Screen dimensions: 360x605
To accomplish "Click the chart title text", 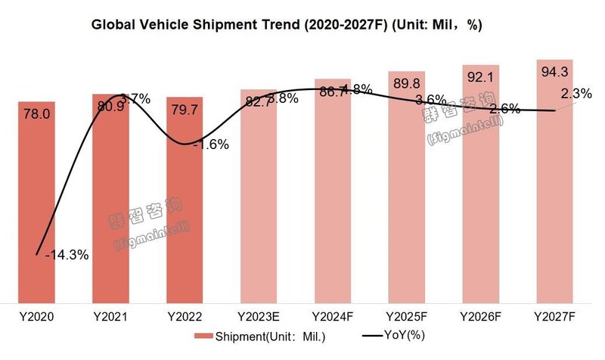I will tap(287, 25).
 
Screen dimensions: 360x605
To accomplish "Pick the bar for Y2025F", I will tap(407, 197).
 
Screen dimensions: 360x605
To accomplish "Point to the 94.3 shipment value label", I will tap(555, 72).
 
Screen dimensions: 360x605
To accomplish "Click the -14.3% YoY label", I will tap(67, 255).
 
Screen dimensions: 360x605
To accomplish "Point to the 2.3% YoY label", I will tap(576, 94).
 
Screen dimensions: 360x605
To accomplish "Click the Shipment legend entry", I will tap(240, 336).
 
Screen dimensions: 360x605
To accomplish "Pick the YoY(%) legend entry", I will tap(393, 336).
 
